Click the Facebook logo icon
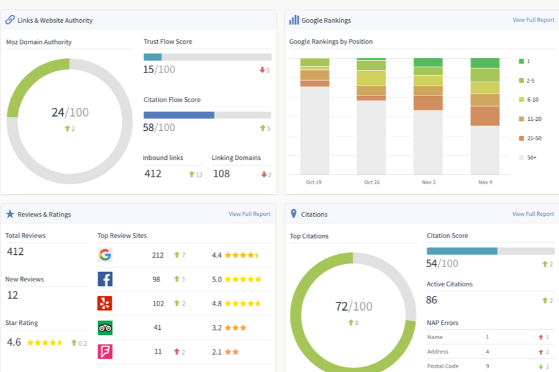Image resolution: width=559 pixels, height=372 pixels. (105, 279)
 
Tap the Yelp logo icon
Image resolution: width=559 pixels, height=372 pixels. (105, 303)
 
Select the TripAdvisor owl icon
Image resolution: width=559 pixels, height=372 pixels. (105, 327)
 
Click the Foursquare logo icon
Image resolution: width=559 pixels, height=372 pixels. (105, 352)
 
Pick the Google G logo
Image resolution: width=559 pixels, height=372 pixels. (105, 255)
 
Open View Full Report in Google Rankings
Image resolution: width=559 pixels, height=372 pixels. (534, 20)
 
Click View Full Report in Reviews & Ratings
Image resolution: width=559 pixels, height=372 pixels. (250, 214)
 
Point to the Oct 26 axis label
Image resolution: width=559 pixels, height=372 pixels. (372, 182)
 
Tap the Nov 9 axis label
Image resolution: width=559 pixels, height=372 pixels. (485, 182)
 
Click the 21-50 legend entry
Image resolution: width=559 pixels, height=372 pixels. (530, 138)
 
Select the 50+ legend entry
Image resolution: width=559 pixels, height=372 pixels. (527, 157)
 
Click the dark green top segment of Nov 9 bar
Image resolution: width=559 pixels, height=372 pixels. (485, 63)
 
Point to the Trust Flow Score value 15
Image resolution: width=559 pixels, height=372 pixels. (148, 69)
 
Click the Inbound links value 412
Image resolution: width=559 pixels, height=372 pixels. (153, 174)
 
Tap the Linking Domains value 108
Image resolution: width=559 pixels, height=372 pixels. (221, 174)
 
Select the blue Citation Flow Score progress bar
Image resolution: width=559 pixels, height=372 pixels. (179, 115)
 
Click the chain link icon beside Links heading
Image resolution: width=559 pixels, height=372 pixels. (10, 20)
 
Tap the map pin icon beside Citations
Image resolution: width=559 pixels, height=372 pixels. (293, 213)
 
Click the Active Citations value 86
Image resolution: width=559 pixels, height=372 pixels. (432, 300)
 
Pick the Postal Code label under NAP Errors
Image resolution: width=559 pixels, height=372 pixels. (443, 366)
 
